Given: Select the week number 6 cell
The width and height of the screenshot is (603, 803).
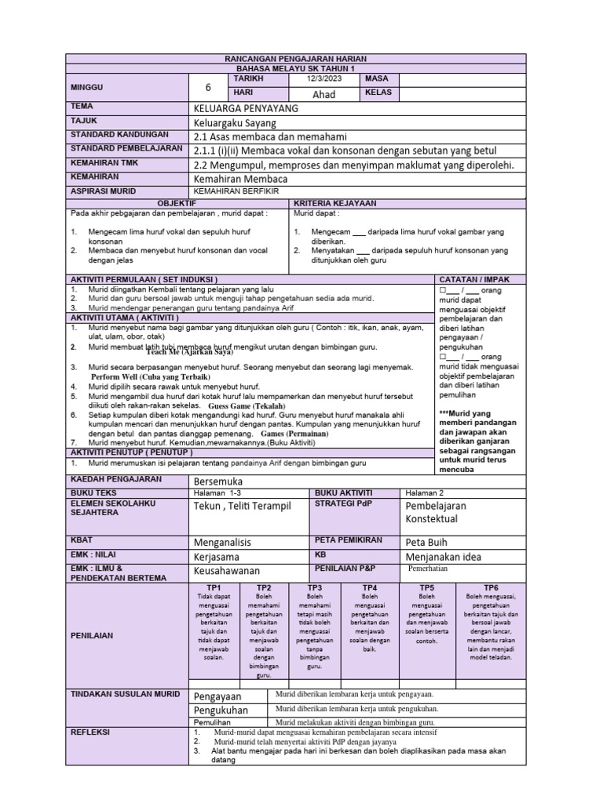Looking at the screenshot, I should (208, 87).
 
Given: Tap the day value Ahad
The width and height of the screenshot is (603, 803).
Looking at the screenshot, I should (323, 94).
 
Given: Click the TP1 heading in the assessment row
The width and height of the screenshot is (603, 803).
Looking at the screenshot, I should (214, 587).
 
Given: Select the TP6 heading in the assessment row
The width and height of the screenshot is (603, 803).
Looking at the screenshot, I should (491, 587).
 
